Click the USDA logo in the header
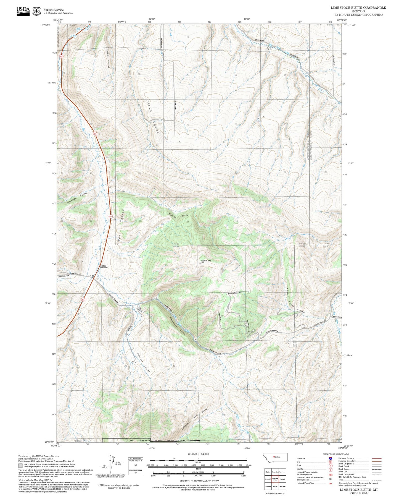(23, 11)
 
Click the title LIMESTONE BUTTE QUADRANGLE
(358, 7)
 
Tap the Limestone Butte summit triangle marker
(200, 263)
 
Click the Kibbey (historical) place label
(104, 267)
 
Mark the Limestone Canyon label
(178, 326)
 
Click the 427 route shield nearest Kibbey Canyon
(110, 217)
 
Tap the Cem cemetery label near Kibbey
(92, 276)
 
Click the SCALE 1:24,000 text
(198, 454)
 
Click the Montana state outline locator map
(276, 457)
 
